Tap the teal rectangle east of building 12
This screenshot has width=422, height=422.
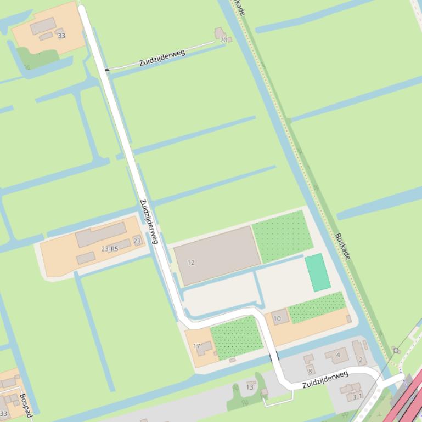318,272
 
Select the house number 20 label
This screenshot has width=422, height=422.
223,40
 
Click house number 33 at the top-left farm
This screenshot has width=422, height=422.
61,36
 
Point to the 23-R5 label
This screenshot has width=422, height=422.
110,249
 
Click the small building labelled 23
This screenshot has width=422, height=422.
137,241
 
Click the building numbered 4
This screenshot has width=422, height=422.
336,356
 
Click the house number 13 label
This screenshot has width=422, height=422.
250,387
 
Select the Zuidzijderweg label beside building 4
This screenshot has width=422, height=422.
325,379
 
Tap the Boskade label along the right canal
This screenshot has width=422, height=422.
342,246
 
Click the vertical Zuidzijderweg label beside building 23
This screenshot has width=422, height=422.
149,221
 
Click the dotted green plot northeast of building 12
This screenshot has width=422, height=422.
282,236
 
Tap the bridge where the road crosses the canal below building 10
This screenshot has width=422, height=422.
273,357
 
